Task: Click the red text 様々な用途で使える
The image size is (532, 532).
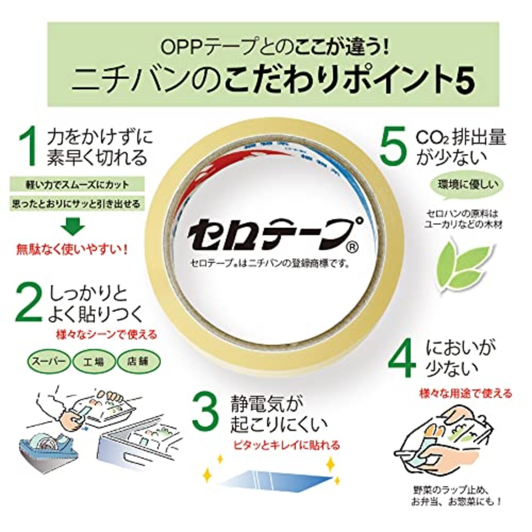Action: point(465,393)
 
